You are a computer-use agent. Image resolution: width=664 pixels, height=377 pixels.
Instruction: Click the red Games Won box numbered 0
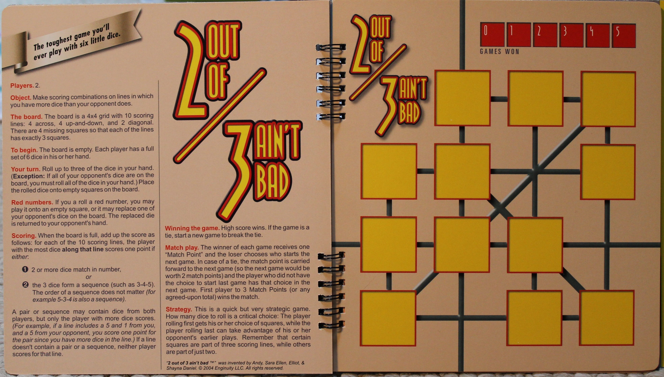tap(492, 35)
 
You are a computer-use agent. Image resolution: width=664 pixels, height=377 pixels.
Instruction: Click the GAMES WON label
tap(499, 52)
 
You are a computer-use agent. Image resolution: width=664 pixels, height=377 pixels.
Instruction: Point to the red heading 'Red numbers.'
tap(32, 202)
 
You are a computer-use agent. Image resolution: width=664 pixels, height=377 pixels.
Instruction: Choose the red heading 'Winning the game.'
tap(192, 228)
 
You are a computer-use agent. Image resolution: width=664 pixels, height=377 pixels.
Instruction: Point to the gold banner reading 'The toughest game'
tap(75, 43)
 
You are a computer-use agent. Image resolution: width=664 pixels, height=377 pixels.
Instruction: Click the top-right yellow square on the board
tap(608, 99)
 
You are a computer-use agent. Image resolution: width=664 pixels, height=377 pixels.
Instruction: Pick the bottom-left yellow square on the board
tap(388, 318)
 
